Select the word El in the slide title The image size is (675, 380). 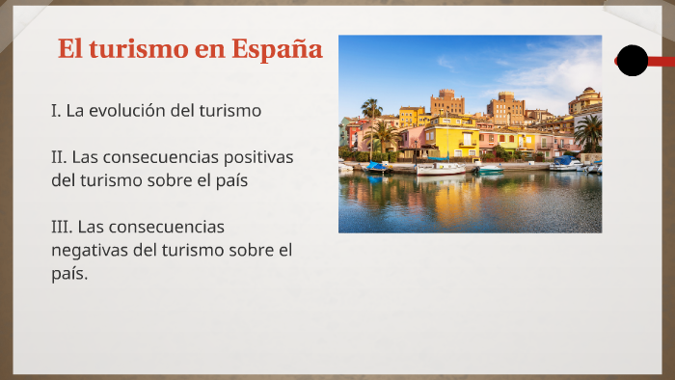tap(69, 48)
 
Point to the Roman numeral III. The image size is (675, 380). tap(61, 227)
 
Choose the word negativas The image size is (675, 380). tap(89, 251)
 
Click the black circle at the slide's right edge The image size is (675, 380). tap(632, 61)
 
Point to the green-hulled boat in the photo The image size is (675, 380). tap(491, 170)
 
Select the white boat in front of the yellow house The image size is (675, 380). tap(441, 168)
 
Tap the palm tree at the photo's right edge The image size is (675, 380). tap(588, 130)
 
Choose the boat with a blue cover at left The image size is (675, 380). tap(376, 167)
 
